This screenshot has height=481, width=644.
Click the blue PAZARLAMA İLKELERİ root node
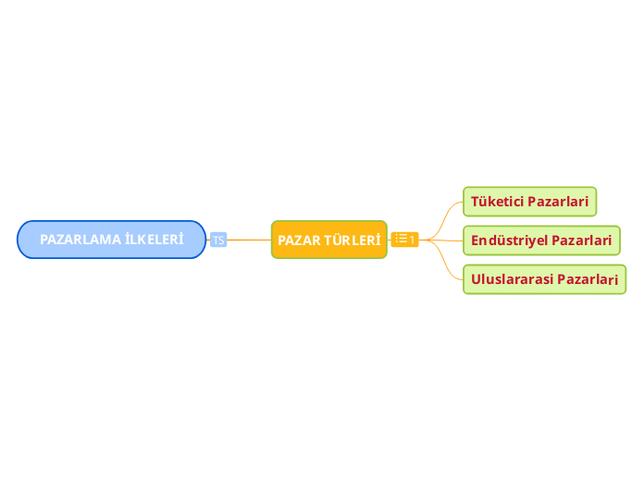point(111,240)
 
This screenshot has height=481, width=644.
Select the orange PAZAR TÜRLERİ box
point(329,240)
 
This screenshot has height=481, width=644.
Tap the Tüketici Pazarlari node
point(530,202)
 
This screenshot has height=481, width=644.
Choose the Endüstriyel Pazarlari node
point(541,240)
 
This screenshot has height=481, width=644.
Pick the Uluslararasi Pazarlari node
point(545,279)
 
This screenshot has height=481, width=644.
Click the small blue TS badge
point(218,240)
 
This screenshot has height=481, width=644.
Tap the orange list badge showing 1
point(405,240)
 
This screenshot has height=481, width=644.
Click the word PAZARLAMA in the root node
point(80,240)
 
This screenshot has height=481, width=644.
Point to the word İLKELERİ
point(155,239)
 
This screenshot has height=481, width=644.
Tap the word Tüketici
point(498,202)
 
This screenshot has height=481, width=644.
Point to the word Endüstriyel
point(509,240)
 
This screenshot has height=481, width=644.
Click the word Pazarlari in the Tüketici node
point(558,202)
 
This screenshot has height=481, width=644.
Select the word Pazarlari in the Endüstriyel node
point(582,240)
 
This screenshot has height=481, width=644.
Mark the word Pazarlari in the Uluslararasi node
point(588,279)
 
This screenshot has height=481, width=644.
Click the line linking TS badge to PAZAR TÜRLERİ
point(249,240)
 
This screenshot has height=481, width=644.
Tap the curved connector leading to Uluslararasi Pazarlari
point(443,259)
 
